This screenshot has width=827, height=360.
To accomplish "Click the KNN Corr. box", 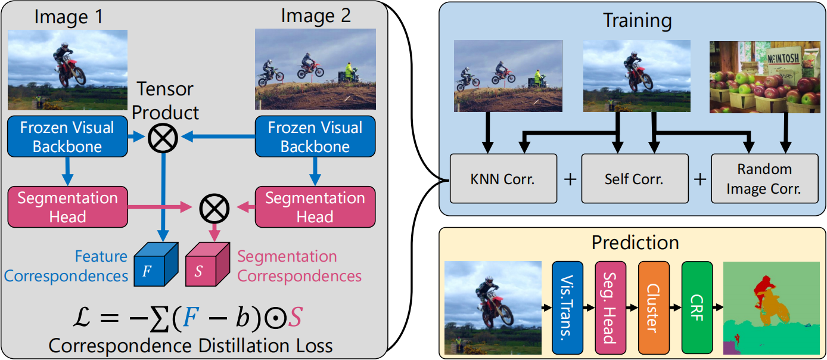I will [x=503, y=178].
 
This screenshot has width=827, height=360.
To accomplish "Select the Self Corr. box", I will [x=634, y=178].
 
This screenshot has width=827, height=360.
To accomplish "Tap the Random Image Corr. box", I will [x=764, y=178].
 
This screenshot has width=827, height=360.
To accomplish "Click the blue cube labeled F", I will [x=153, y=266].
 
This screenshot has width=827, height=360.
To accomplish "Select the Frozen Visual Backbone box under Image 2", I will [x=315, y=137].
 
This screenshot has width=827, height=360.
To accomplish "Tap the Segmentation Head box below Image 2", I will [x=315, y=207].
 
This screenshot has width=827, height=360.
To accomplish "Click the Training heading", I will [x=637, y=21].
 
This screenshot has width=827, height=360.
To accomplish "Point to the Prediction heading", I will [x=635, y=243].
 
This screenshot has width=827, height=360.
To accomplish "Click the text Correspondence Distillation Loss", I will [x=191, y=346].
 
